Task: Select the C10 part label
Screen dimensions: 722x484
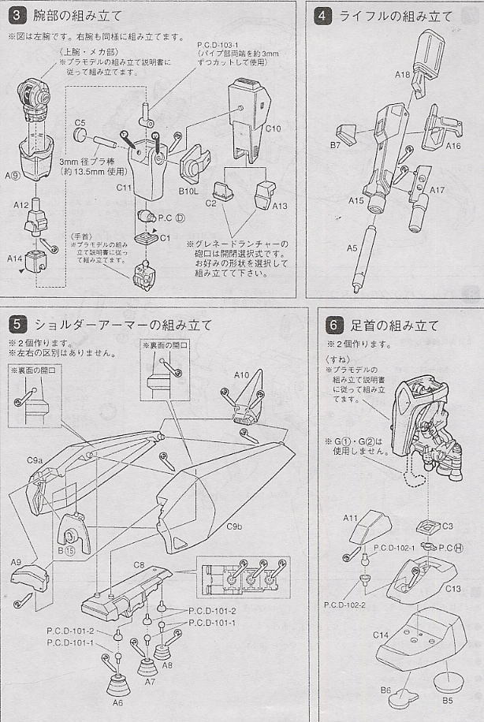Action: click(x=273, y=128)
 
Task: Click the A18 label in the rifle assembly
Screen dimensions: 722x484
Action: click(x=401, y=75)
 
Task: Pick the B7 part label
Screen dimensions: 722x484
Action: click(x=334, y=145)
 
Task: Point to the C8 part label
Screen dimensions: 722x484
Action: click(x=137, y=564)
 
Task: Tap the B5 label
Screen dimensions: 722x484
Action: click(x=448, y=698)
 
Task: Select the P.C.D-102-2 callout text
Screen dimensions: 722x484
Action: click(x=344, y=604)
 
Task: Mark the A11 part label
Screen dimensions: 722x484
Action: click(x=352, y=517)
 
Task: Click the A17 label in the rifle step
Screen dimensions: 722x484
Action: click(x=437, y=190)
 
